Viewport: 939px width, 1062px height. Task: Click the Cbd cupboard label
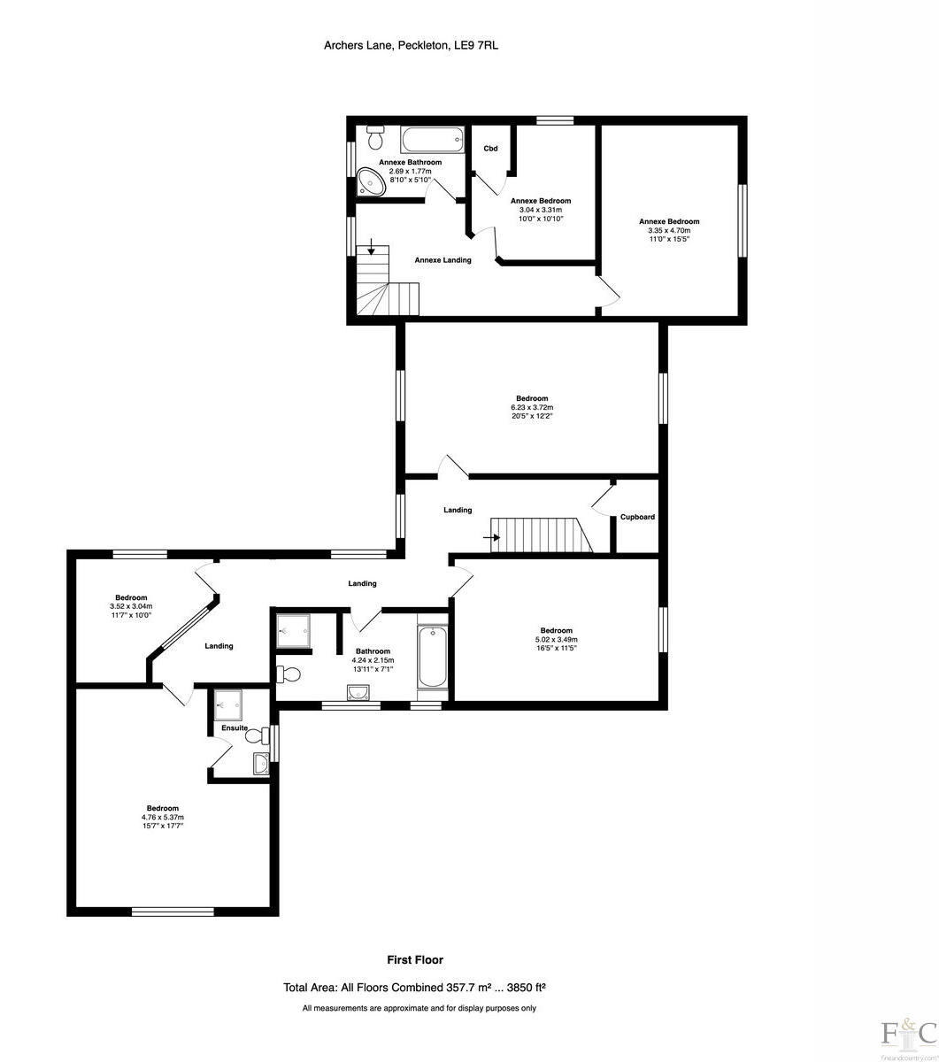(x=489, y=149)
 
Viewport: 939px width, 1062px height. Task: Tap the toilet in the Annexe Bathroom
(x=375, y=138)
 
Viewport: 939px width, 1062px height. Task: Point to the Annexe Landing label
(x=443, y=260)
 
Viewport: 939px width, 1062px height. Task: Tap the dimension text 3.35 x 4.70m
(x=669, y=231)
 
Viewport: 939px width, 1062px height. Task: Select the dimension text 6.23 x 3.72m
(x=532, y=407)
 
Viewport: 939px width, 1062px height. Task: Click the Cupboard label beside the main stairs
(x=637, y=517)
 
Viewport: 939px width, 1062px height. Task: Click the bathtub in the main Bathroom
(x=432, y=656)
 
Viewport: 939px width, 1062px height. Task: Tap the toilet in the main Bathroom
(x=289, y=674)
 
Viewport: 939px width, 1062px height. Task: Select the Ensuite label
(x=235, y=727)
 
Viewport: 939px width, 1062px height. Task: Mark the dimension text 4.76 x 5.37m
(x=163, y=817)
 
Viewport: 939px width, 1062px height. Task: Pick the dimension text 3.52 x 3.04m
(x=131, y=606)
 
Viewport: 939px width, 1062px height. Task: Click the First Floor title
(x=415, y=959)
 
